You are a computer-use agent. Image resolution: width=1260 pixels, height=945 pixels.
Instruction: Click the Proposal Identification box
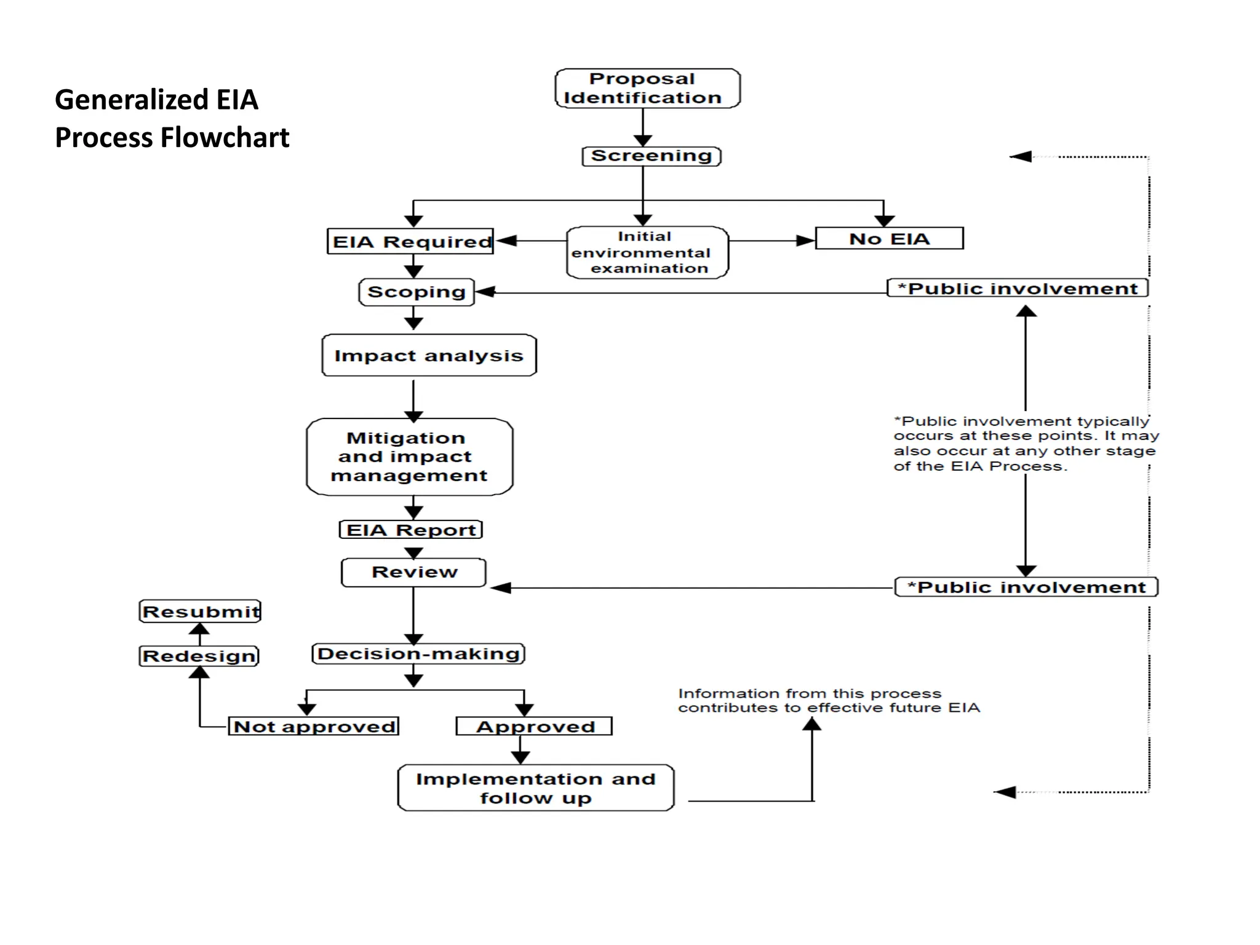pos(647,89)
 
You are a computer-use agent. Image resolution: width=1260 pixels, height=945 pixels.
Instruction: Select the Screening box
pos(651,156)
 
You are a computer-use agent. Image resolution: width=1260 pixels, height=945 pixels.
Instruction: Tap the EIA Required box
pos(410,241)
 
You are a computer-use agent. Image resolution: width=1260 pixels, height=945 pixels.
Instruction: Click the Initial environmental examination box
pos(647,253)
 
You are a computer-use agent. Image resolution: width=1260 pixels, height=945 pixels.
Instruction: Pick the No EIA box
pos(889,239)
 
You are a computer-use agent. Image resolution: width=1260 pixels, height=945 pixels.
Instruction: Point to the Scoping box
pos(417,292)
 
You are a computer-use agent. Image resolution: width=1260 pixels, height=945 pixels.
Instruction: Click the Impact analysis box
pos(429,356)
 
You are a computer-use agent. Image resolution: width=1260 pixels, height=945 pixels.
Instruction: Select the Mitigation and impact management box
pos(409,457)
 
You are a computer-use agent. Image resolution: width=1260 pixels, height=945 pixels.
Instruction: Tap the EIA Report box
pos(411,530)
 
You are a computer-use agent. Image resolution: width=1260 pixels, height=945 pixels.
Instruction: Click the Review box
pos(414,572)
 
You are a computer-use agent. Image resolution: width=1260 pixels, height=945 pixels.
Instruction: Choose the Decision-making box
pos(418,653)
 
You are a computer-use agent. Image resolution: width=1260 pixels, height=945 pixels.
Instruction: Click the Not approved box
pos(314,727)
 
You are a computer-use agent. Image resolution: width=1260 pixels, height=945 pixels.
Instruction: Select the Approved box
pos(534,727)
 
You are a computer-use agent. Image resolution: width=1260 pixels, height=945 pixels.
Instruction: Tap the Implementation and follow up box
pos(535,788)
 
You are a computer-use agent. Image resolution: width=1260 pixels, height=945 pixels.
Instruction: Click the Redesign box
pos(199,656)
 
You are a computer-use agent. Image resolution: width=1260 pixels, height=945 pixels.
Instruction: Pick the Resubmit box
pos(201,612)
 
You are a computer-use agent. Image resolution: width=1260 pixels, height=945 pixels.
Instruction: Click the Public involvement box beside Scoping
pos(1018,289)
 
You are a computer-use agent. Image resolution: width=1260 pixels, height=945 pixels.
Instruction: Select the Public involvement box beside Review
pos(1026,587)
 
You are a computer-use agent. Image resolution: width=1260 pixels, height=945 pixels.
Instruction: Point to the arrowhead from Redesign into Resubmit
pos(199,629)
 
